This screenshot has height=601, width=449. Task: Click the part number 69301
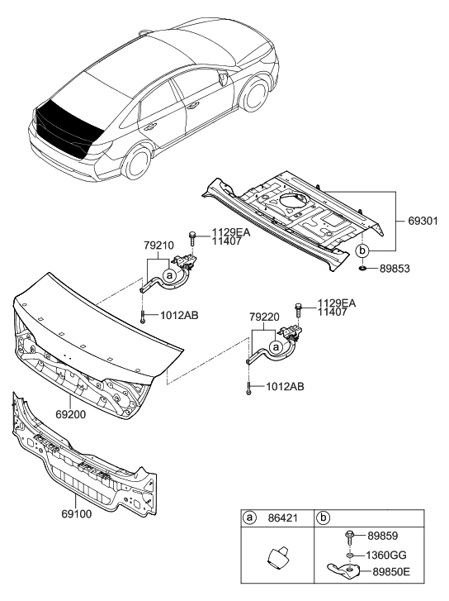(x=424, y=222)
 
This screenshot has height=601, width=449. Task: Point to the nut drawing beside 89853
(x=363, y=269)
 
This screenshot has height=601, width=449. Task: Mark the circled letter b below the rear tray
(x=362, y=249)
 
